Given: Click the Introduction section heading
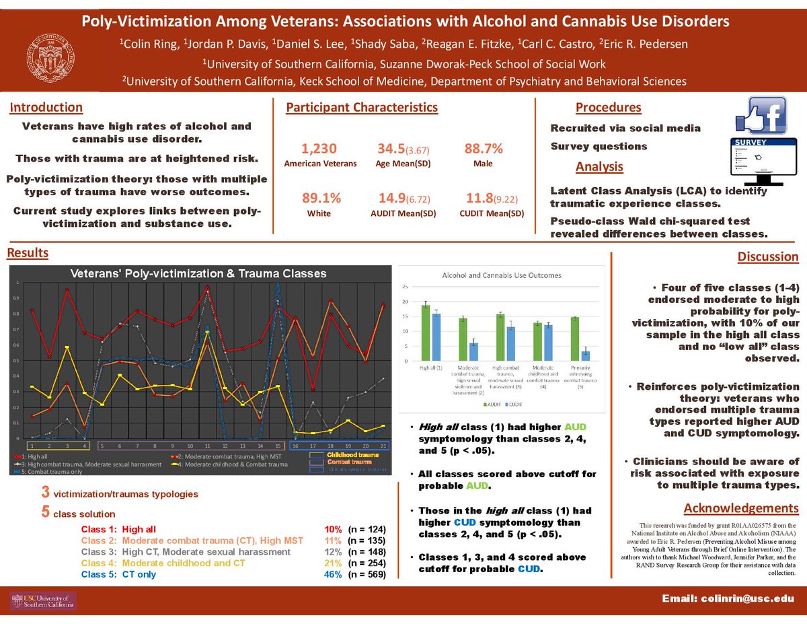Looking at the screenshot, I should point(46,108).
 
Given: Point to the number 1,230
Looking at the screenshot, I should point(319,149).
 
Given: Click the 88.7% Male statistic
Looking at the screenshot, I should point(484,149).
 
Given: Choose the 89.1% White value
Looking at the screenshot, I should point(321,199).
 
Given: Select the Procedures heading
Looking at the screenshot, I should point(608,108).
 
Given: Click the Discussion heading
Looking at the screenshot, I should point(768,256).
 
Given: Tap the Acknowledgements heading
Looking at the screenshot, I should point(740,508).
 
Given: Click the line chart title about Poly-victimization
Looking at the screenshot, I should point(198,273).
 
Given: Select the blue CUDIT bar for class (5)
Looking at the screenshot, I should point(586,356).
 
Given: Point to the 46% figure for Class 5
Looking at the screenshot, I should point(333,574).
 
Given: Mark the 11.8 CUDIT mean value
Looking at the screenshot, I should point(478,199).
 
